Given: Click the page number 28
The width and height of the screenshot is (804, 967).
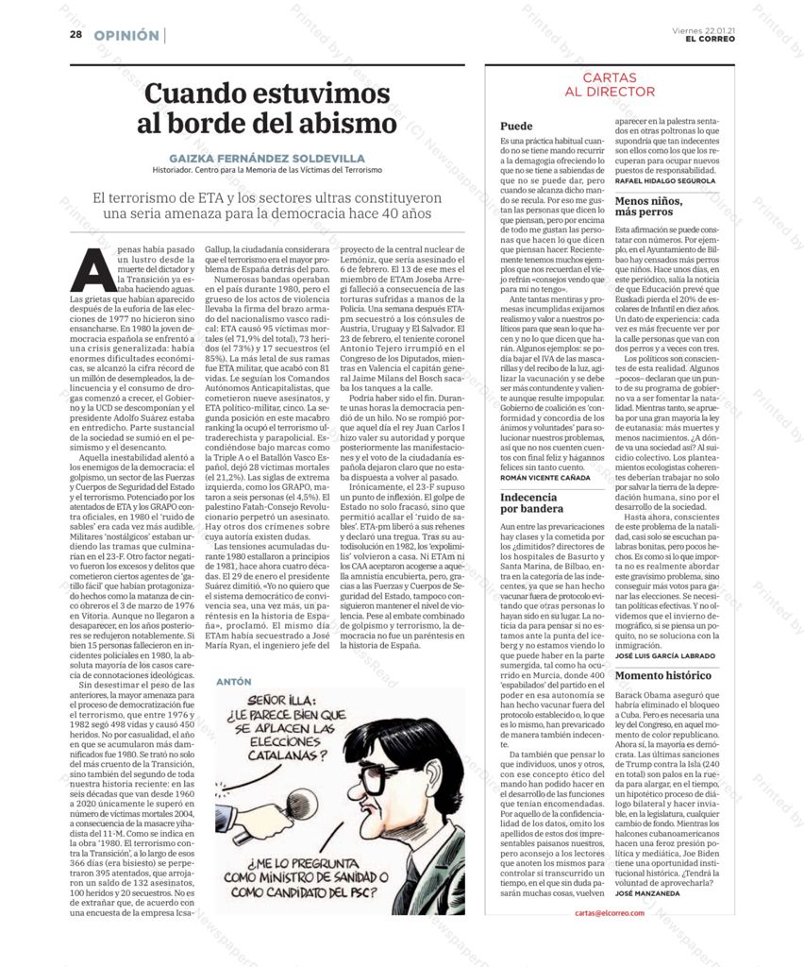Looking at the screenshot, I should click(x=75, y=36).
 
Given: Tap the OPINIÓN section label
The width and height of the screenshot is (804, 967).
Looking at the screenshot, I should click(x=126, y=36).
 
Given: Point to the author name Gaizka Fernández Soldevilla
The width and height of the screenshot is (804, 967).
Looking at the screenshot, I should click(x=267, y=158).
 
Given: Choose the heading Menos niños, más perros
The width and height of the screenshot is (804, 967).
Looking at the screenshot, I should click(x=649, y=206).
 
